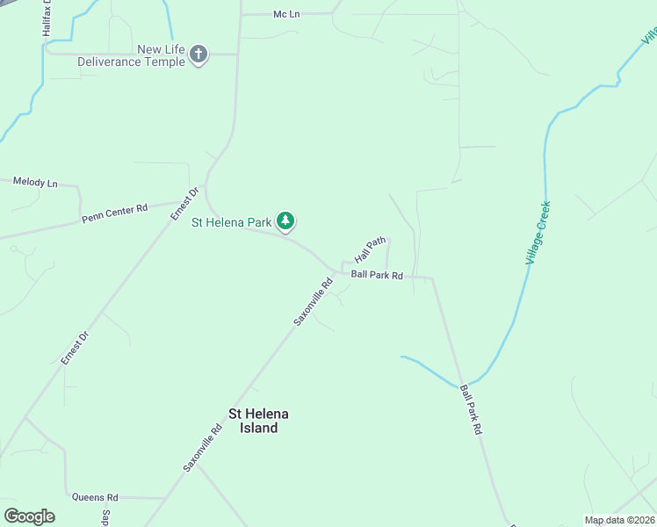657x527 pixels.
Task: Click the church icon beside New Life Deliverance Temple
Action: (x=199, y=55)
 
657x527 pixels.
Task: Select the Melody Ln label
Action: (x=35, y=183)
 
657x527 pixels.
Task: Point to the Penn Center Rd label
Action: (x=114, y=212)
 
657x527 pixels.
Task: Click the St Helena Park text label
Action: (x=232, y=223)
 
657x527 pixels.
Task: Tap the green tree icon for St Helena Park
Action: (x=285, y=222)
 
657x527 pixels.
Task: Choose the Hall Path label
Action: (x=370, y=249)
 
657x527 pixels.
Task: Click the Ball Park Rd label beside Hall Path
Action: (x=377, y=276)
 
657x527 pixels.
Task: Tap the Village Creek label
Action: (x=538, y=233)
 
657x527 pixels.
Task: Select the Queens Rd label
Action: (x=95, y=497)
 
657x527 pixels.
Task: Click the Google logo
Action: (x=29, y=516)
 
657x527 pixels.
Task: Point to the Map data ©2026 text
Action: (x=618, y=520)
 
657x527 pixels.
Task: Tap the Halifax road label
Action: (x=47, y=18)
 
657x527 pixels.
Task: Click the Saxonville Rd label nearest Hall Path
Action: (x=314, y=302)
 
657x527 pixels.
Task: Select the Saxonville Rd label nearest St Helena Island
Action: (x=203, y=449)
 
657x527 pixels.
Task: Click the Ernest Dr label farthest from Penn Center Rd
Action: (x=76, y=348)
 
